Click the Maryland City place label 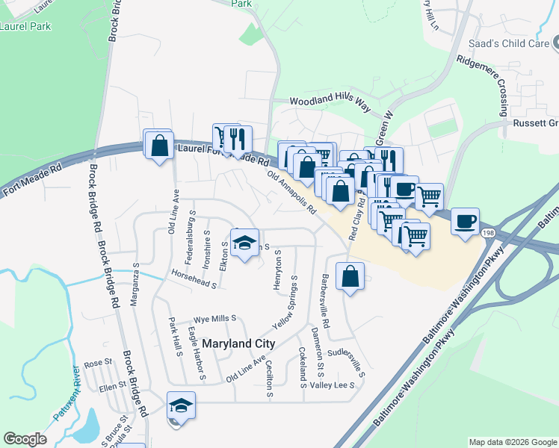(238, 343)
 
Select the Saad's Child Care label (513, 43)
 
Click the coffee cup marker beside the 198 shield (465, 221)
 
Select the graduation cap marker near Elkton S (244, 243)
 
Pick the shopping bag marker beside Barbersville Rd (350, 277)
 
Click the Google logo (25, 439)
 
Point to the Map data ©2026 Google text (512, 442)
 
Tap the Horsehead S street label (193, 279)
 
